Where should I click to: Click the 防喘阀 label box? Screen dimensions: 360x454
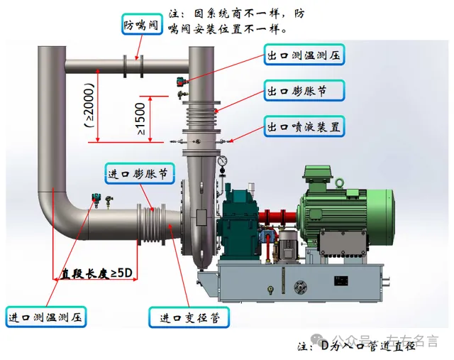click(x=139, y=24)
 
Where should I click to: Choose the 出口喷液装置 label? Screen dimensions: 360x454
click(x=305, y=127)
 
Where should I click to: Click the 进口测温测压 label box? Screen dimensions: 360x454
click(x=45, y=317)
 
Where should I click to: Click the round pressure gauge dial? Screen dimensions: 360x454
click(x=223, y=161)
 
